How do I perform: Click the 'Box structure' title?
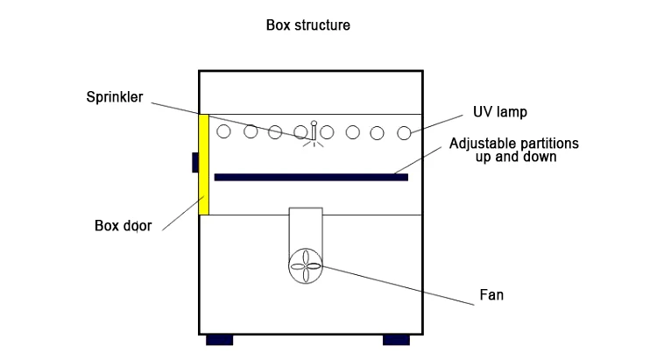click(x=308, y=25)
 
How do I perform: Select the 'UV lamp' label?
click(x=500, y=112)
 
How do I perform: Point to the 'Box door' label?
click(x=124, y=226)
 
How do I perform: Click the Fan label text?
click(x=491, y=295)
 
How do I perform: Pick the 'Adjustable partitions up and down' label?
click(x=514, y=150)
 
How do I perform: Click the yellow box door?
click(x=203, y=165)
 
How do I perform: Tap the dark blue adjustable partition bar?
click(x=311, y=177)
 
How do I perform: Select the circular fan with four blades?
click(x=306, y=266)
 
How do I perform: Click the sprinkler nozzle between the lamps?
click(x=314, y=131)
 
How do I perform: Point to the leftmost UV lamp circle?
click(x=223, y=131)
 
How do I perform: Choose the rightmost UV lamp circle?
click(x=404, y=133)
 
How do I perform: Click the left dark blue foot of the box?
click(x=220, y=340)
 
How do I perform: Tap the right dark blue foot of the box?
click(x=396, y=340)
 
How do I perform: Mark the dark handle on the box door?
click(x=195, y=163)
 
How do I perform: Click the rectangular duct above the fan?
click(x=306, y=229)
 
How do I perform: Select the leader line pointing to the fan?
click(x=398, y=286)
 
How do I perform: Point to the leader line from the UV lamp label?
click(x=437, y=124)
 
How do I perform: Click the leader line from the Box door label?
click(x=183, y=214)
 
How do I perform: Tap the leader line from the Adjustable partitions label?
click(x=418, y=160)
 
